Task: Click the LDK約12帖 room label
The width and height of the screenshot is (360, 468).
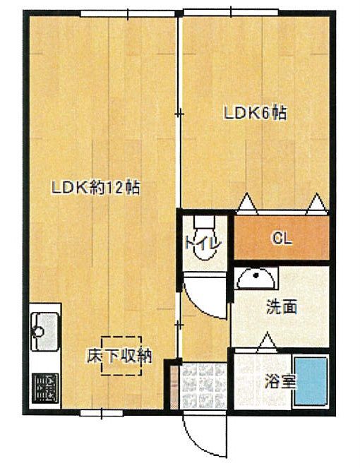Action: point(95,188)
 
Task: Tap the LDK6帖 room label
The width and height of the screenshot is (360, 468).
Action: point(256,114)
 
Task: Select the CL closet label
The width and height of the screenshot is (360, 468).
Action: point(282,238)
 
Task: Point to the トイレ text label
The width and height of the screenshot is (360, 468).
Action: point(203,244)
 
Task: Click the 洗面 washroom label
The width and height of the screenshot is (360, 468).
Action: point(282,307)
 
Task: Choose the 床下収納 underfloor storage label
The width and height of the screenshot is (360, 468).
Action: point(119,356)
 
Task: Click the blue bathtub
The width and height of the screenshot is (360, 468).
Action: point(311,381)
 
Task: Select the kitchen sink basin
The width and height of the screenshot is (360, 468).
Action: point(44,331)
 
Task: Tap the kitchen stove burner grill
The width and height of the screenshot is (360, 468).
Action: point(45,388)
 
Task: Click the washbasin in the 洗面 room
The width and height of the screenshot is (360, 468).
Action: point(256,278)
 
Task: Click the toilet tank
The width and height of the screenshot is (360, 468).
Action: point(205,222)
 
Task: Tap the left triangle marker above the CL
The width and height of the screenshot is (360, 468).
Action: point(247,203)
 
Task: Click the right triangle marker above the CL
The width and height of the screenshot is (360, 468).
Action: point(316,203)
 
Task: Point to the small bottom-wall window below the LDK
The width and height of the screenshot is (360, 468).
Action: point(102,413)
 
